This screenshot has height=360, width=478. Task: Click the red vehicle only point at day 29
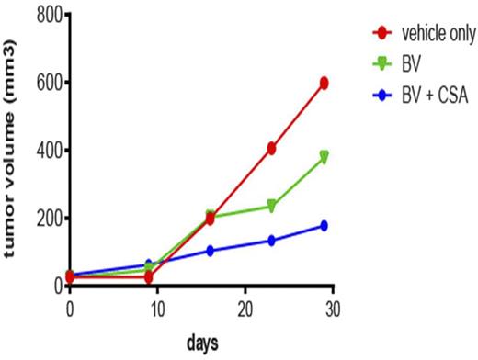click(324, 83)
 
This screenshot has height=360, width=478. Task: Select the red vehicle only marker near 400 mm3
click(271, 148)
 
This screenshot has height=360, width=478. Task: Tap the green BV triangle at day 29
click(324, 157)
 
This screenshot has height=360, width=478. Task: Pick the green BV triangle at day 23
click(271, 206)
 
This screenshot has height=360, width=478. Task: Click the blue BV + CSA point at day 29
click(324, 225)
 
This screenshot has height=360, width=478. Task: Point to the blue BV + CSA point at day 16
click(210, 250)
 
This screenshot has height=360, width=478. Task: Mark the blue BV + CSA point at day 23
click(271, 241)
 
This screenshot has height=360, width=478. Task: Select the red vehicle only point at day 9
click(148, 276)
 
